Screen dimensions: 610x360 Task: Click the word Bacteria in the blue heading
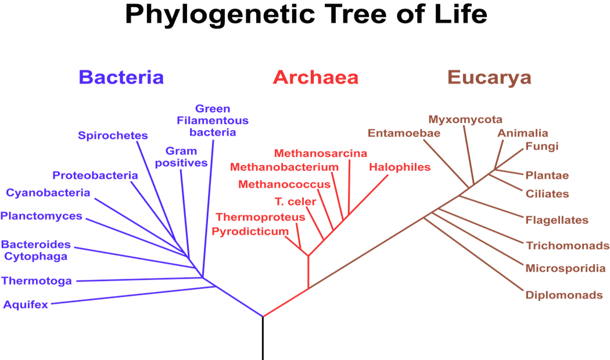121,77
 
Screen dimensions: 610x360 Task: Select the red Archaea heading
315,77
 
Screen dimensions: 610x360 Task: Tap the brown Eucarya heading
489,78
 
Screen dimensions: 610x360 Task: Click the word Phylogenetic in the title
220,15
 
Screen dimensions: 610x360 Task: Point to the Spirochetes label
113,135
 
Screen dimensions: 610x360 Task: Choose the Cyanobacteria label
48,193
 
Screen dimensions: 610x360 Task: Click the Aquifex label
26,304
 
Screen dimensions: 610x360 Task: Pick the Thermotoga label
37,280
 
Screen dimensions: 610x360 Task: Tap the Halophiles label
400,167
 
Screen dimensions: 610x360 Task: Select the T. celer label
295,201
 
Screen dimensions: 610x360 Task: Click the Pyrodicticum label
250,232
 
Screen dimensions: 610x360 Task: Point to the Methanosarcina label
321,153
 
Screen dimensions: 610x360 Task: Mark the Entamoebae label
404,133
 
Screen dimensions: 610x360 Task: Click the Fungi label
542,146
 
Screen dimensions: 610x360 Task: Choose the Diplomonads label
564,295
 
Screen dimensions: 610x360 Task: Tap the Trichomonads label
568,246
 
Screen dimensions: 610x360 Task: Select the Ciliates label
547,193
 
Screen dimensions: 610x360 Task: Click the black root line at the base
263,339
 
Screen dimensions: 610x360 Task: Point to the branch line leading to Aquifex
134,295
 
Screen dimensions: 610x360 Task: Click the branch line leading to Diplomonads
473,254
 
